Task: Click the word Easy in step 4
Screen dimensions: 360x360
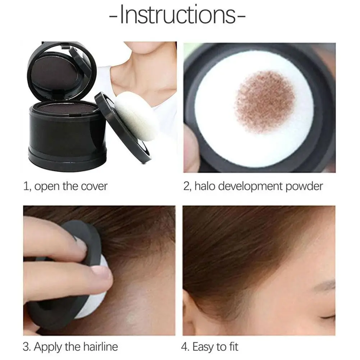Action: pos(204,347)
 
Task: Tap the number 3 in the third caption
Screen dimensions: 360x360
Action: pos(26,347)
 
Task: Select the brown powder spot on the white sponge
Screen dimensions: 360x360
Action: pos(264,101)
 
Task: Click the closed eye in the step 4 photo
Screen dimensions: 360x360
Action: pos(329,316)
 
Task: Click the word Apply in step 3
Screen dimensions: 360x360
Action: pos(48,347)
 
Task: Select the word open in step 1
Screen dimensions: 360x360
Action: pos(45,186)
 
